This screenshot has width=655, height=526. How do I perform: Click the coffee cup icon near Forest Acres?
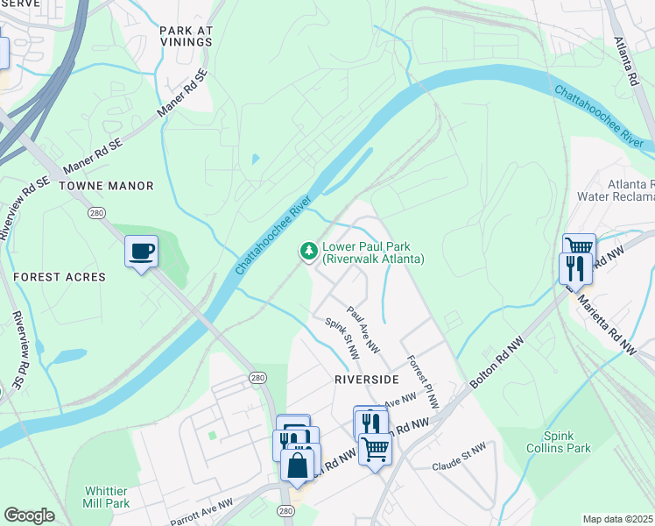(x=141, y=252)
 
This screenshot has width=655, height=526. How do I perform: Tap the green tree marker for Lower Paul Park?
(x=308, y=252)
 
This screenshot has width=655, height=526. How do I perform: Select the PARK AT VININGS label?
(x=187, y=36)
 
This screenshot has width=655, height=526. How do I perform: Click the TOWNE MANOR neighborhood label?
(x=106, y=186)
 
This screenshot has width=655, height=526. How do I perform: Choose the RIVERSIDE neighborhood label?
(x=366, y=379)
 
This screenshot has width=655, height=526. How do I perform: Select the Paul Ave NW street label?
(x=363, y=330)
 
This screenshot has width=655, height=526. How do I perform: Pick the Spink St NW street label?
(x=342, y=339)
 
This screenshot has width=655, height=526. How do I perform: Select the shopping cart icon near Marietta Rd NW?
(x=579, y=247)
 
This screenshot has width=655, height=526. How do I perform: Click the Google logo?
(x=29, y=515)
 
